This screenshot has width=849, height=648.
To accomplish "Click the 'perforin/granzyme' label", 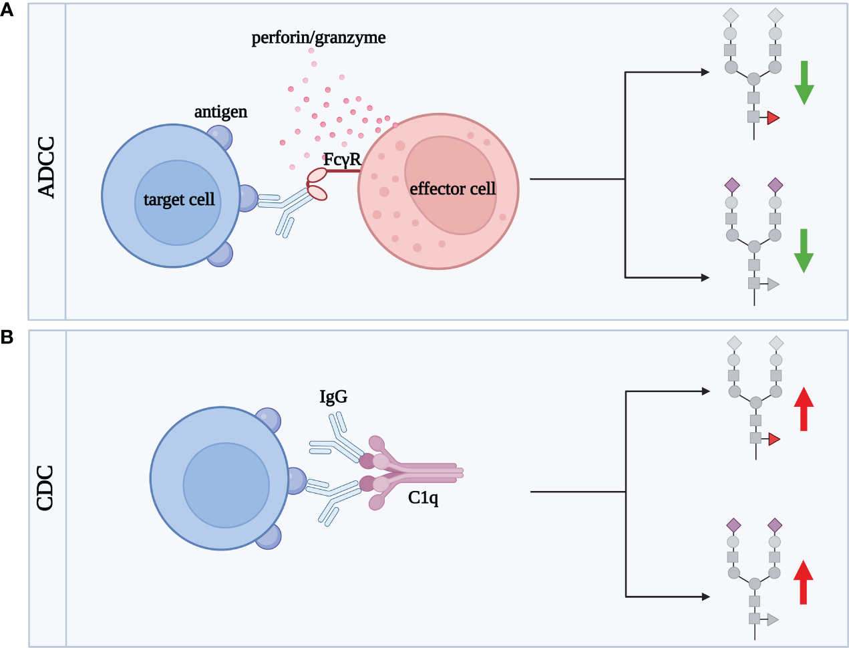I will coord(319,37).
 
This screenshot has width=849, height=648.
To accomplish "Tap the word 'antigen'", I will coord(220,112).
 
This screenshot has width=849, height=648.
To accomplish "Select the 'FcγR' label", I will coord(342,160).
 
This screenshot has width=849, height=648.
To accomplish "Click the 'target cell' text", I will coord(179,199).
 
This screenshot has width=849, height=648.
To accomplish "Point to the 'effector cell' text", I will coord(452,189).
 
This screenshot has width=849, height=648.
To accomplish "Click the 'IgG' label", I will coord(333,397).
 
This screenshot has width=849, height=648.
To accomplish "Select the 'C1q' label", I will coord(423,498).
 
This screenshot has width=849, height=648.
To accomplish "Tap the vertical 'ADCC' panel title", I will coord(47,167).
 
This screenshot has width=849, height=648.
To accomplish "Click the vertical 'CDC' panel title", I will coord(45,488).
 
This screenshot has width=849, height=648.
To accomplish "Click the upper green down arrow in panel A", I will coord(804,83).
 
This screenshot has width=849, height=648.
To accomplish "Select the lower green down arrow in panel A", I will coord(804,251).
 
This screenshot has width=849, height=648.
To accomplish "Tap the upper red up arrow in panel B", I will coord(804,409).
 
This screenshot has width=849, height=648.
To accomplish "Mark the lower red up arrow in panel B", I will coord(803,583).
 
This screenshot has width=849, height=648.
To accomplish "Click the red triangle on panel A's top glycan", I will coord(773,118).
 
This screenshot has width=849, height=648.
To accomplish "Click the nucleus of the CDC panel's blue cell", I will coord(226,486).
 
